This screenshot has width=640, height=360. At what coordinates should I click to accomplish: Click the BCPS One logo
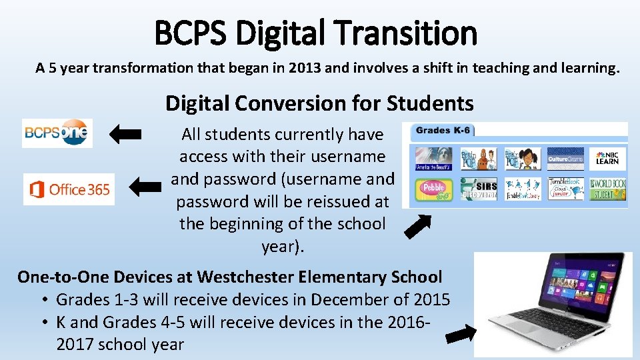pyautogui.click(x=57, y=133)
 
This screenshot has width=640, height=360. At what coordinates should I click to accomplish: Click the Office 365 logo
pyautogui.click(x=69, y=189)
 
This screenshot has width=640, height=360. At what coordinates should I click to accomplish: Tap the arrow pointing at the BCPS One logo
pyautogui.click(x=125, y=134)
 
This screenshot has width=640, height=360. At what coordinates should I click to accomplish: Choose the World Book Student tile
pyautogui.click(x=607, y=189)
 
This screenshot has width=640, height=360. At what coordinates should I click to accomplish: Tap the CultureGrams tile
pyautogui.click(x=565, y=159)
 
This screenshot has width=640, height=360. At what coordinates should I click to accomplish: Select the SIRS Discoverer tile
pyautogui.click(x=477, y=189)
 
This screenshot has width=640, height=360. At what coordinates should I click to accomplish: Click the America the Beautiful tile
pyautogui.click(x=434, y=159)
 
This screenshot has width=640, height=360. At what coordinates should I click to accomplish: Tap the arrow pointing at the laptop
pyautogui.click(x=461, y=333)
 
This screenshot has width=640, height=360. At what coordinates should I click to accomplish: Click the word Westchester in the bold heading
pyautogui.click(x=247, y=277)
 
